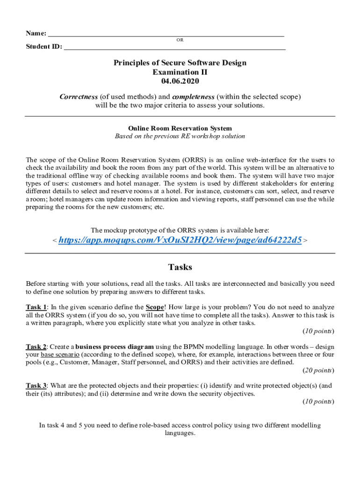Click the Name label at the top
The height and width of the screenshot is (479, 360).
[x=36, y=33]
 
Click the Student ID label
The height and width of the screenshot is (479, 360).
[x=43, y=47]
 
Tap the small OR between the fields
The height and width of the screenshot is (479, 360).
[x=180, y=40]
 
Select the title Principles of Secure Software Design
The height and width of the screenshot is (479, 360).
[x=180, y=63]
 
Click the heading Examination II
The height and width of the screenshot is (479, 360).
[x=180, y=72]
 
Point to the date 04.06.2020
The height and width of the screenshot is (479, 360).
[x=180, y=81]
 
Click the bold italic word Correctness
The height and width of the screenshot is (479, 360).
[x=79, y=97]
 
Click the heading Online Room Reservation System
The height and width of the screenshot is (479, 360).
[x=180, y=128]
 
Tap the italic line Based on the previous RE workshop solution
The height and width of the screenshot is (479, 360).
[x=180, y=136]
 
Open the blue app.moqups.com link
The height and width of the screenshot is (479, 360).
[x=180, y=239]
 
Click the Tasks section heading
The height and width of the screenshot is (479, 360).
[x=180, y=267]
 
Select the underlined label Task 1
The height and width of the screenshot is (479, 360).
[x=36, y=307]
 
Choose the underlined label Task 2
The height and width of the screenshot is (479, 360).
[x=36, y=347]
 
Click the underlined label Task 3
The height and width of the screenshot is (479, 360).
[x=36, y=386]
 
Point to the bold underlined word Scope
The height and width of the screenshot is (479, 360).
[x=155, y=307]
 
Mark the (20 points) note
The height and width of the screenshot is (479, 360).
[x=318, y=370]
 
